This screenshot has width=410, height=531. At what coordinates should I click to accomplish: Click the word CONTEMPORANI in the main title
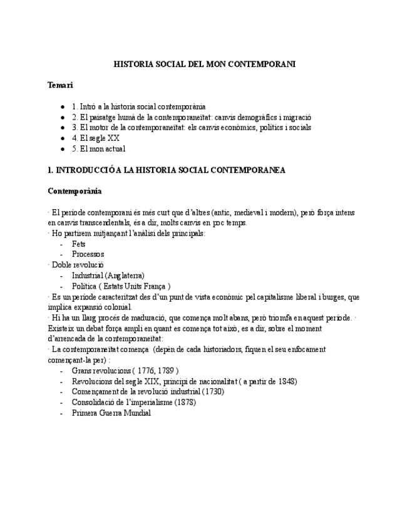[x=260, y=64]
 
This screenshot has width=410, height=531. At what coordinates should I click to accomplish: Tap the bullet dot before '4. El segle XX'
[x=63, y=138]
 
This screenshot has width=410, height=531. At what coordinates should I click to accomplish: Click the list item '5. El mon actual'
[x=98, y=149]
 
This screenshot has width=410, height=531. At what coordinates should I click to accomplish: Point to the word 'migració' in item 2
[x=297, y=117]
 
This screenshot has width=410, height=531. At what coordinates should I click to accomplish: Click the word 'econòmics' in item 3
[x=235, y=128]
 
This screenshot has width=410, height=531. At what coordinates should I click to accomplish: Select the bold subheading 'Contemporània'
[x=74, y=191]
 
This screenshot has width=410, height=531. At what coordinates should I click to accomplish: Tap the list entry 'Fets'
[x=79, y=244]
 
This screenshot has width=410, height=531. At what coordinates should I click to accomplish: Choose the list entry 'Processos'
[x=88, y=255]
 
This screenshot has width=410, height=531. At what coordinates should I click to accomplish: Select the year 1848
[x=287, y=381]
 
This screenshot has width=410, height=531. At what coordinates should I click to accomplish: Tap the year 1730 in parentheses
[x=213, y=392]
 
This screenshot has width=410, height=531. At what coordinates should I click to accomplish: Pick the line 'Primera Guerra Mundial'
[x=111, y=413]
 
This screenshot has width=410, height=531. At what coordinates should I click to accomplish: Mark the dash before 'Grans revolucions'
[x=61, y=371]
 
